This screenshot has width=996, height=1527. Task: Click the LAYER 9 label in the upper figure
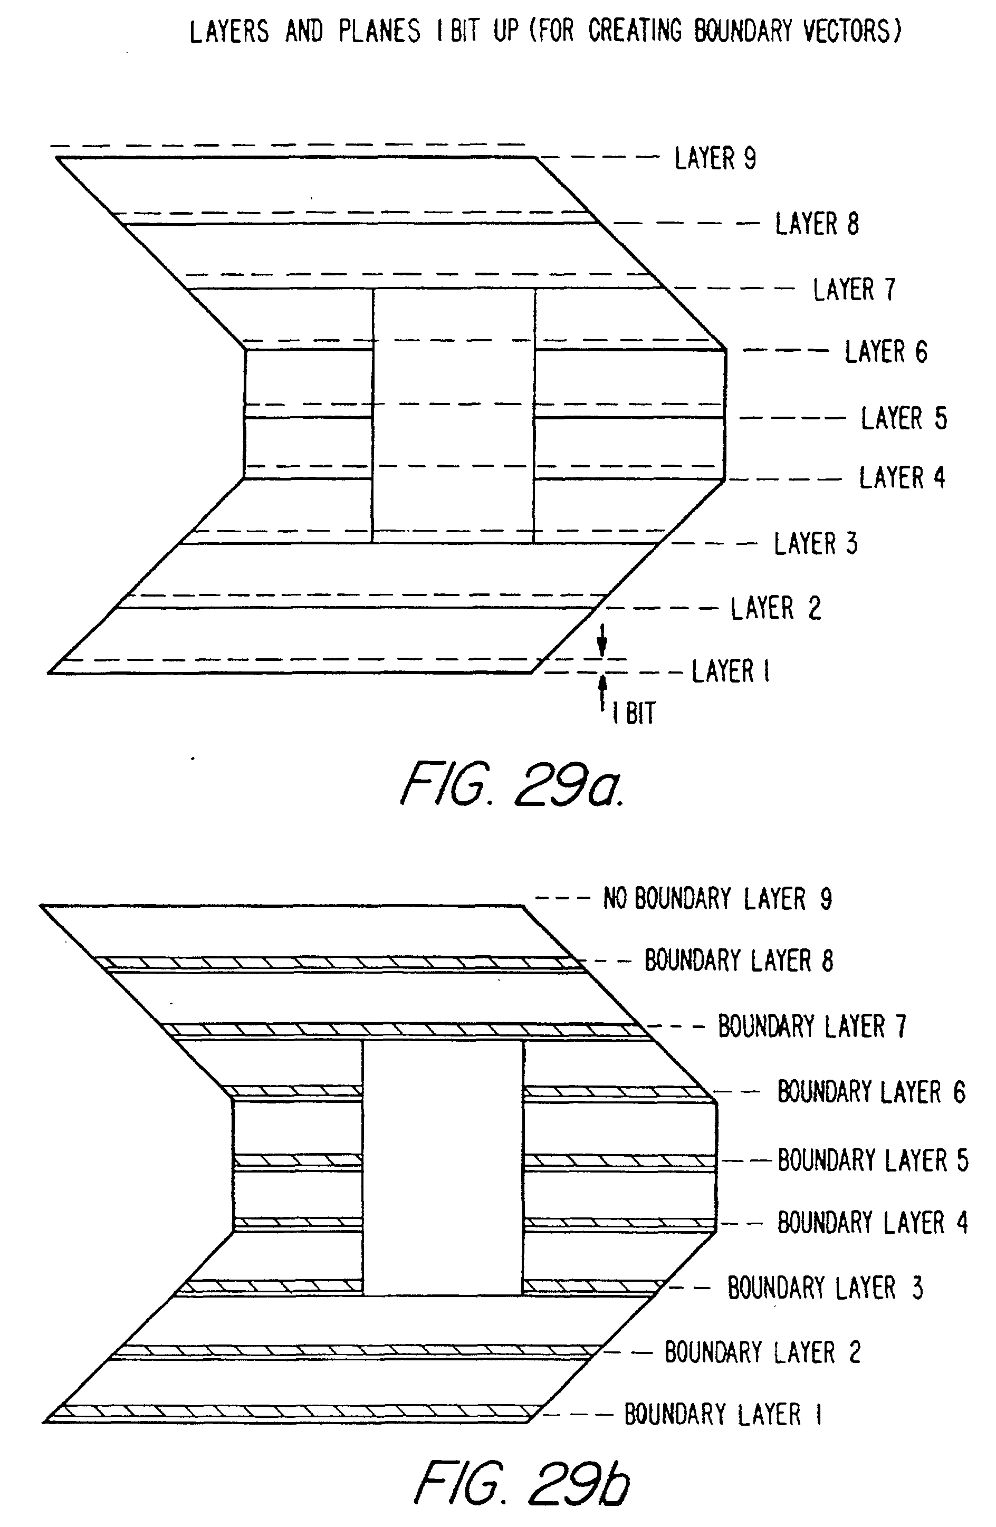(714, 158)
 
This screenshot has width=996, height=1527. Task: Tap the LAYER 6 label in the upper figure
(885, 352)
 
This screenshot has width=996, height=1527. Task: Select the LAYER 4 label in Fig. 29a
(901, 478)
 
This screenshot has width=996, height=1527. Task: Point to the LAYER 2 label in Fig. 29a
(775, 608)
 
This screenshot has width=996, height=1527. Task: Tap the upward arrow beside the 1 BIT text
(602, 693)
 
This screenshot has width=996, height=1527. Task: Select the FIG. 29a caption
(512, 784)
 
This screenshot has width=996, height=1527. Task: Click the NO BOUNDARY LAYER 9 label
(717, 899)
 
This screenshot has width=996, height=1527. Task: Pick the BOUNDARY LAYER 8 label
(738, 961)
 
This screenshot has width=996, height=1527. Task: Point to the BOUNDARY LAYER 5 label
(872, 1160)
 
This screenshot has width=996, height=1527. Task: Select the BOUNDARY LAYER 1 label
(723, 1414)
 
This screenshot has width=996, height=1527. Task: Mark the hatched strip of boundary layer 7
(404, 1030)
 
